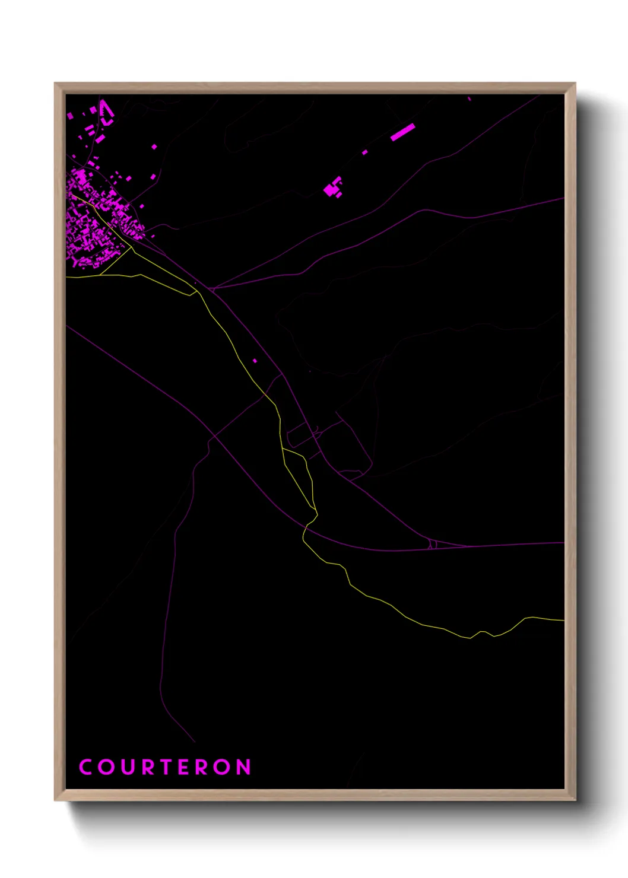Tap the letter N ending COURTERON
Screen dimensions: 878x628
tap(244, 767)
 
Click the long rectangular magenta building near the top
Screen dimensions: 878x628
tap(402, 132)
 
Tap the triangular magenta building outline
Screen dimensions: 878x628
tap(106, 112)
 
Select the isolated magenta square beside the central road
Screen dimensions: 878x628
tap(255, 361)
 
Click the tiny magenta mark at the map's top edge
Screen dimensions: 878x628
tap(469, 98)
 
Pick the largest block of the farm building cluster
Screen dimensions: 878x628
tap(329, 190)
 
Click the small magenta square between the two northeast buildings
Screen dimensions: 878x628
tap(364, 152)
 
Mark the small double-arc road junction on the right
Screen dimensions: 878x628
tap(433, 544)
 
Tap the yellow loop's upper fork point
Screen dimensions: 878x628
tap(283, 448)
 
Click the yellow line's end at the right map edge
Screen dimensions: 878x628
tap(563, 621)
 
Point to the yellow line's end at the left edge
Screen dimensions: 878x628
tap(66, 276)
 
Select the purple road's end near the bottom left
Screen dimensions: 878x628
tap(195, 742)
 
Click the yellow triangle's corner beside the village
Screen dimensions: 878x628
tap(131, 248)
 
